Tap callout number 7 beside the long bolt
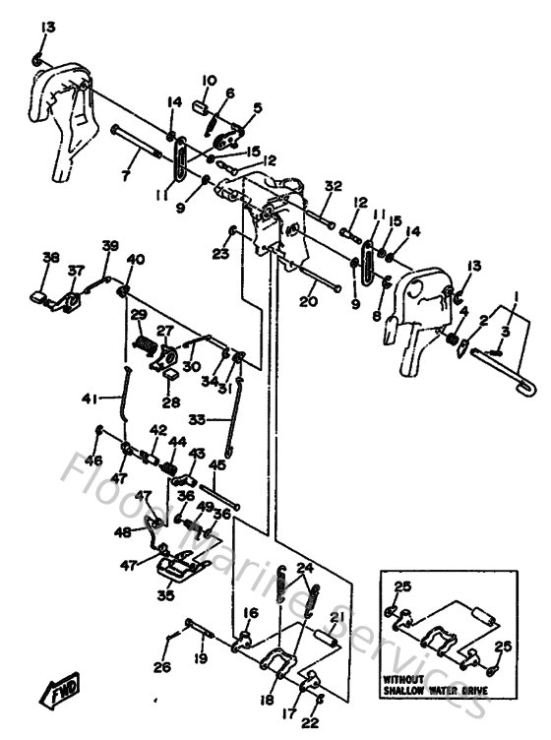click(x=125, y=175)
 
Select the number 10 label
click(x=210, y=81)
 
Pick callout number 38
click(x=51, y=257)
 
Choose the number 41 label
click(x=91, y=398)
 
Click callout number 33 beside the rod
click(x=198, y=418)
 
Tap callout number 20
click(x=308, y=302)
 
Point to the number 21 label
click(x=336, y=617)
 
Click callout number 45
click(x=217, y=464)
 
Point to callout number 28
click(x=171, y=402)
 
